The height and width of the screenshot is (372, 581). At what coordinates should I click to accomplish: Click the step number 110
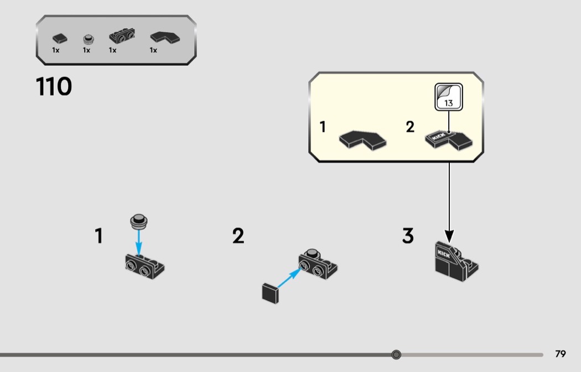point(54,87)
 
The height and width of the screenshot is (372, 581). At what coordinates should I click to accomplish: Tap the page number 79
point(561,354)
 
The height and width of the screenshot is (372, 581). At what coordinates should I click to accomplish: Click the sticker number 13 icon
point(448,96)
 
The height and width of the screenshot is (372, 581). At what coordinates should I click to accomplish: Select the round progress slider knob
point(396,355)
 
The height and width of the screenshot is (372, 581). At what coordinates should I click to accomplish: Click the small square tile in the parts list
point(59,38)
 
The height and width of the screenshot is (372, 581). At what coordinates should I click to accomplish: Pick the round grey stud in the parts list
point(87,39)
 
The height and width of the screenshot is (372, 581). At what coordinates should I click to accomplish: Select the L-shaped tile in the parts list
point(164,37)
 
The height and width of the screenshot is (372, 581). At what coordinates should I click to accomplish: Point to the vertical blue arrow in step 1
point(139,242)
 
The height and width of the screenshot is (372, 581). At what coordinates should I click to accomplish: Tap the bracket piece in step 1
point(144,266)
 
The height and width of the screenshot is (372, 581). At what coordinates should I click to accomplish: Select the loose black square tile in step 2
point(270,292)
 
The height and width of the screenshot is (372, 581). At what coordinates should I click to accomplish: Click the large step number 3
point(408,236)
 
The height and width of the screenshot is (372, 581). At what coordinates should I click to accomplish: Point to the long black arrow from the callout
point(449,199)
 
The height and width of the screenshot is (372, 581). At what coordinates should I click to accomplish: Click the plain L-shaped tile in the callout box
point(362,140)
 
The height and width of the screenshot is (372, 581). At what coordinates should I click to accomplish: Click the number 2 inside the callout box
point(410,127)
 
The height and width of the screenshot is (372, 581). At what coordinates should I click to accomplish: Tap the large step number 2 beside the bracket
point(238,236)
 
